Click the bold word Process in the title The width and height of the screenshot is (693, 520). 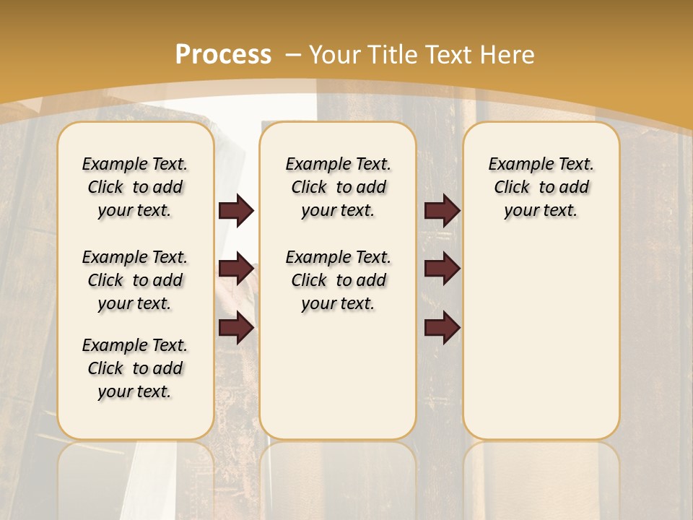pyautogui.click(x=224, y=54)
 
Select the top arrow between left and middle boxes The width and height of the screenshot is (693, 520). pyautogui.click(x=235, y=211)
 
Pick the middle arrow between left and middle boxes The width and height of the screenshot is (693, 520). pyautogui.click(x=235, y=269)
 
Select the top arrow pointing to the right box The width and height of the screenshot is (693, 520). pyautogui.click(x=442, y=211)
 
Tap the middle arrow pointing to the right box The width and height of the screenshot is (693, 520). pyautogui.click(x=442, y=269)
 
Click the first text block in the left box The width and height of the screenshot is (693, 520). pyautogui.click(x=135, y=187)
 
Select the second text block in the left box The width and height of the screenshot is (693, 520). pyautogui.click(x=135, y=280)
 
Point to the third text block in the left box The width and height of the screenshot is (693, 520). pyautogui.click(x=135, y=368)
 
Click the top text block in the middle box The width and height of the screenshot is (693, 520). pyautogui.click(x=339, y=187)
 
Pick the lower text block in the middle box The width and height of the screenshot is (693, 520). pyautogui.click(x=339, y=280)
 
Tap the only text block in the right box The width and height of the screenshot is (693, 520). pyautogui.click(x=541, y=187)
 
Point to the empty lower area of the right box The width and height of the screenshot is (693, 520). pyautogui.click(x=541, y=339)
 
